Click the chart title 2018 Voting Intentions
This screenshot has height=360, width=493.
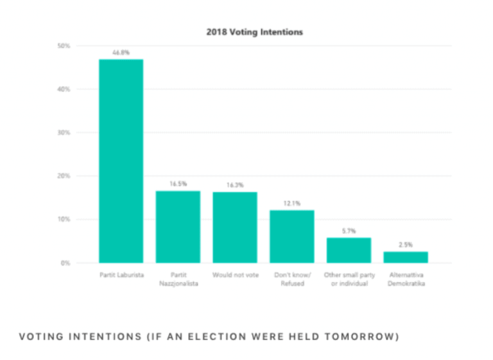[x=254, y=31]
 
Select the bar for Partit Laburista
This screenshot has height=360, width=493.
[x=121, y=160]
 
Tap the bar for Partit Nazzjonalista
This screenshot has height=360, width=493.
[x=178, y=227]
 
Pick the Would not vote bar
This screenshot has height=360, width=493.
[x=235, y=227]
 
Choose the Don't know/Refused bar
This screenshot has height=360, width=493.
[x=292, y=236]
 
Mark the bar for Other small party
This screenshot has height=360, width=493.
[x=349, y=250]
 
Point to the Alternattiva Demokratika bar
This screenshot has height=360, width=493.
[x=406, y=257]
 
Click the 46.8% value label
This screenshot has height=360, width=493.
[x=121, y=53]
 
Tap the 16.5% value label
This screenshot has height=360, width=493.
[x=178, y=184]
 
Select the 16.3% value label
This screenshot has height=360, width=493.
[x=235, y=185]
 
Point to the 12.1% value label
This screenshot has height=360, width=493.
[x=292, y=203]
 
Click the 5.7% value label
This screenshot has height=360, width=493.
[x=349, y=230]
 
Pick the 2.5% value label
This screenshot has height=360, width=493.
[x=406, y=244]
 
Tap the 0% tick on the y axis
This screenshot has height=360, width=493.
[x=65, y=263]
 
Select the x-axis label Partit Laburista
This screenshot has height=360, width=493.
[x=121, y=275]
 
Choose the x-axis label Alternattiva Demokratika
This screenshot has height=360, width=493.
[x=406, y=279]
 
